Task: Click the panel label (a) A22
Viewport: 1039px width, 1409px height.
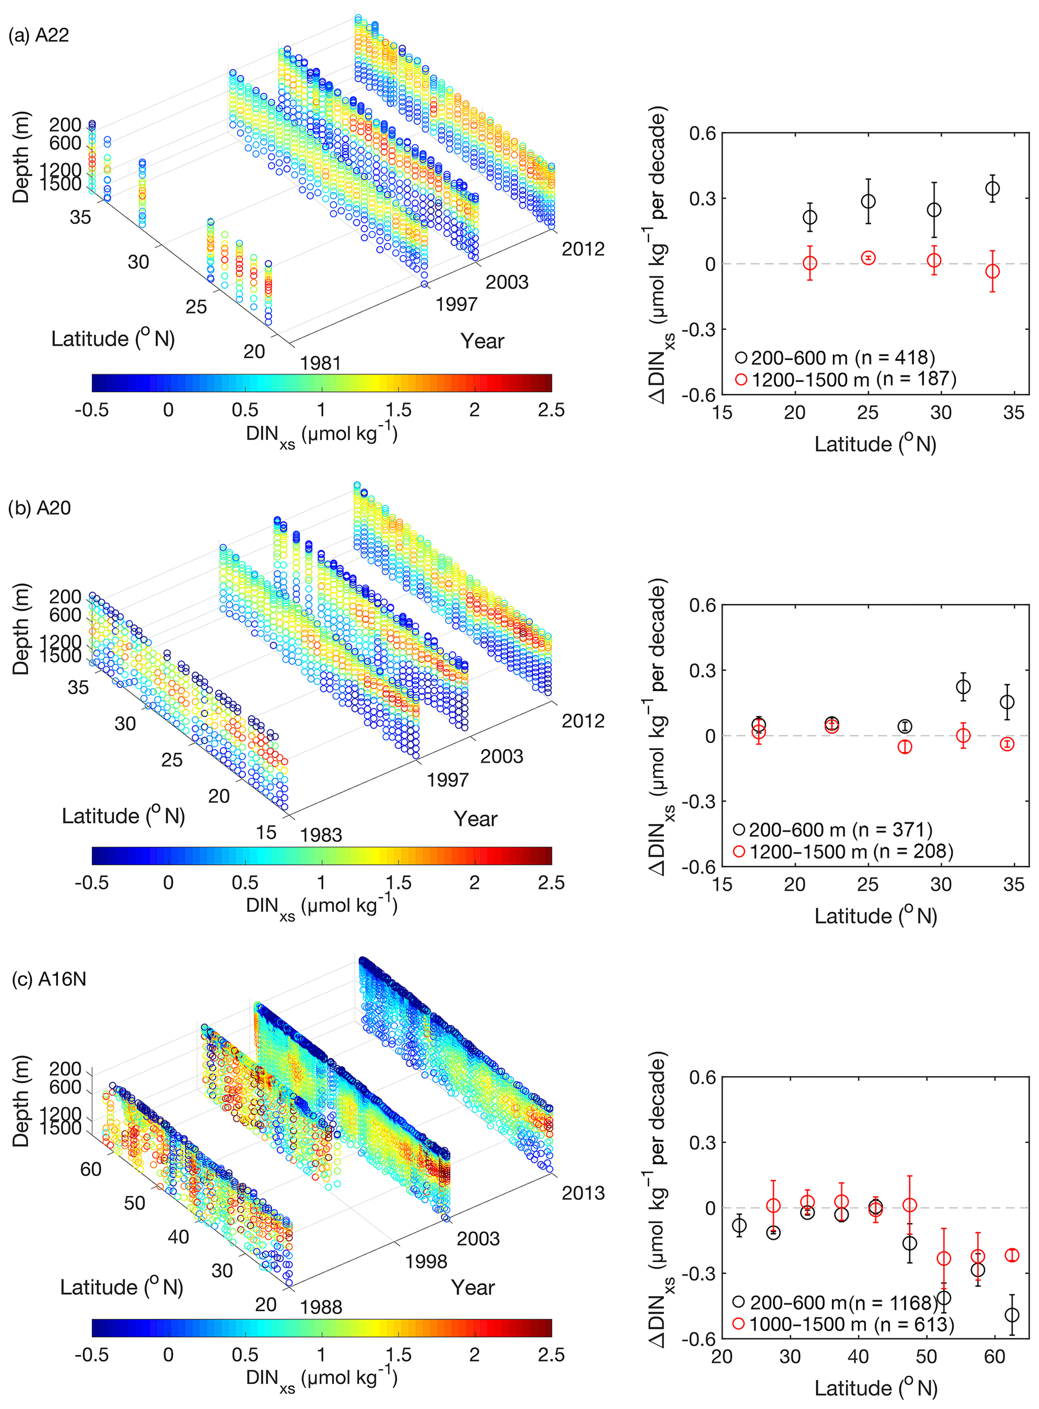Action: point(38,35)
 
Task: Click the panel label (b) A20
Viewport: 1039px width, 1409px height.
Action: point(39,508)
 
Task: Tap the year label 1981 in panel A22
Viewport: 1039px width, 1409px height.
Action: point(320,363)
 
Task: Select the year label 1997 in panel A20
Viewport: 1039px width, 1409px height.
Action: point(447,780)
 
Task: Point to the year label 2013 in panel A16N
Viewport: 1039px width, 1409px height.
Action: point(583,1193)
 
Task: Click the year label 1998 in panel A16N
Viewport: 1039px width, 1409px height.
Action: point(426,1262)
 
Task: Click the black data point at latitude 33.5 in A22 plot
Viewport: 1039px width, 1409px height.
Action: point(992,189)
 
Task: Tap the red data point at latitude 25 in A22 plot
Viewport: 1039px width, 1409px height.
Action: point(868,258)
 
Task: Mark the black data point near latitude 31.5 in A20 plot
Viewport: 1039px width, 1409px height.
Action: point(963,687)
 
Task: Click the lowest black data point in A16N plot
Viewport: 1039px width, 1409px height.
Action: point(1012,1314)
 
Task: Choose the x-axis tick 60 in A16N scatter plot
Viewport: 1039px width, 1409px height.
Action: point(995,1357)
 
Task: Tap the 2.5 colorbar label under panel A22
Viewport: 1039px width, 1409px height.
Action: point(551,410)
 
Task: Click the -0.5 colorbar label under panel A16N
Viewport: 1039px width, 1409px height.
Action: point(92,1355)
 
